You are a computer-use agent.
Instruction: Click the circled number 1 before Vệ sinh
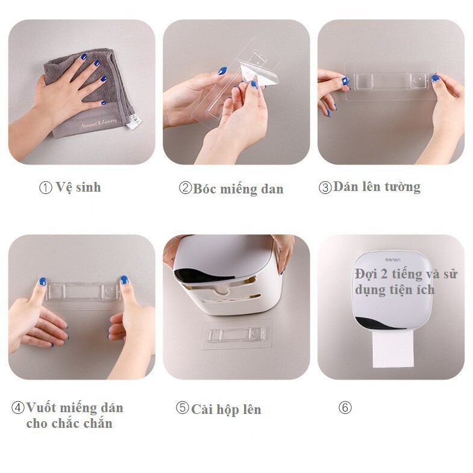46,187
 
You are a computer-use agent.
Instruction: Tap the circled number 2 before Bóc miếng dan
185,188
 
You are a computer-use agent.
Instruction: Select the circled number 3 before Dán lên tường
325,187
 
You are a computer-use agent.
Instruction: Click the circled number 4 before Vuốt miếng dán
18,408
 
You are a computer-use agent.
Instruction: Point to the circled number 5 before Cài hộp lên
182,408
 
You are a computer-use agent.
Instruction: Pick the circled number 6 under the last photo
345,408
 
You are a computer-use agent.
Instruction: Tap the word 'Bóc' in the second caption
205,189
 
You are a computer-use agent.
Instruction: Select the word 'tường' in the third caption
403,187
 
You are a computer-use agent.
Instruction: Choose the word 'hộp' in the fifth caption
227,409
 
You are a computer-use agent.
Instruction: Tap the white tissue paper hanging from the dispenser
392,348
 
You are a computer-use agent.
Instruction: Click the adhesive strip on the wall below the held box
236,334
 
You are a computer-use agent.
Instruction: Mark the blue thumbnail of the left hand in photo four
42,281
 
